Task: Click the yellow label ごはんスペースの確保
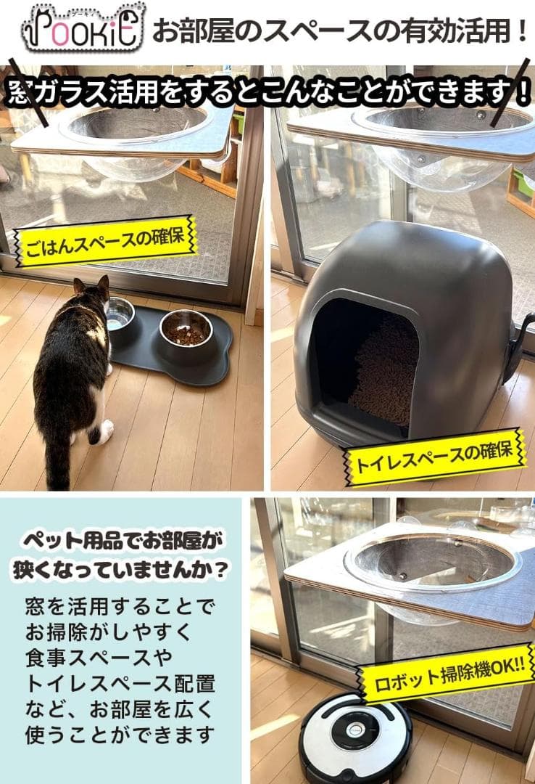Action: [105, 240]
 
